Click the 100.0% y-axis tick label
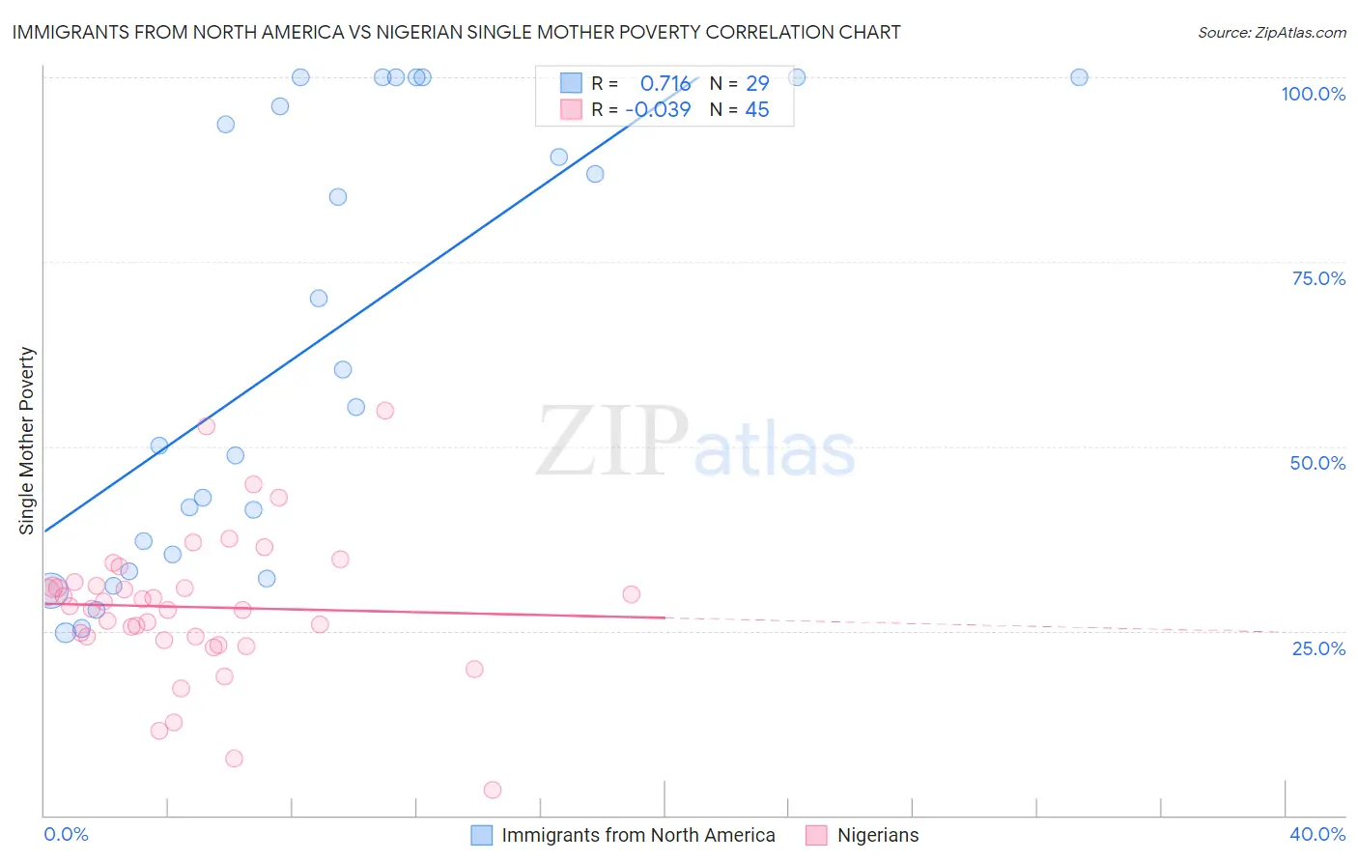[1313, 94]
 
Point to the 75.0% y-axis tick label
[1318, 278]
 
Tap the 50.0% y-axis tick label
[1317, 463]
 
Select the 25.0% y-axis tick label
[1318, 648]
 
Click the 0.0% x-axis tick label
[66, 834]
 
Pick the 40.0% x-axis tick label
[1317, 834]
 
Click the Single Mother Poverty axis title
[26, 441]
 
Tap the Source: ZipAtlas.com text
[1271, 32]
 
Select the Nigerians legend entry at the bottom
[877, 835]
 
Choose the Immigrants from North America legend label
[637, 835]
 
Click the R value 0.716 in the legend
[665, 83]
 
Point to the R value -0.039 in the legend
[658, 109]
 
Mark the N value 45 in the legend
[757, 109]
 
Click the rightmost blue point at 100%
[1079, 77]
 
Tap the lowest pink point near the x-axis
[493, 790]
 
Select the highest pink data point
[384, 411]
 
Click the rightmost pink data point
[631, 594]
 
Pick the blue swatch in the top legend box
[571, 83]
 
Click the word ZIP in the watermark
[611, 443]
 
